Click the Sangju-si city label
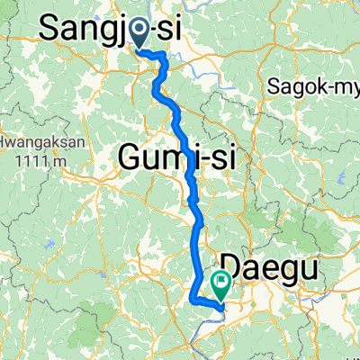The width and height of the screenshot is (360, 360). pos(112,29)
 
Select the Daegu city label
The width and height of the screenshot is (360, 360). pos(261,265)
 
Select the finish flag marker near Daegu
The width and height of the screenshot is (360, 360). pos(220,284)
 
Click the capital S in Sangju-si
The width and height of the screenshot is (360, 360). pos(52,29)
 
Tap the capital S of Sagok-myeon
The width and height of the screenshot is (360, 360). pos(272,87)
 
